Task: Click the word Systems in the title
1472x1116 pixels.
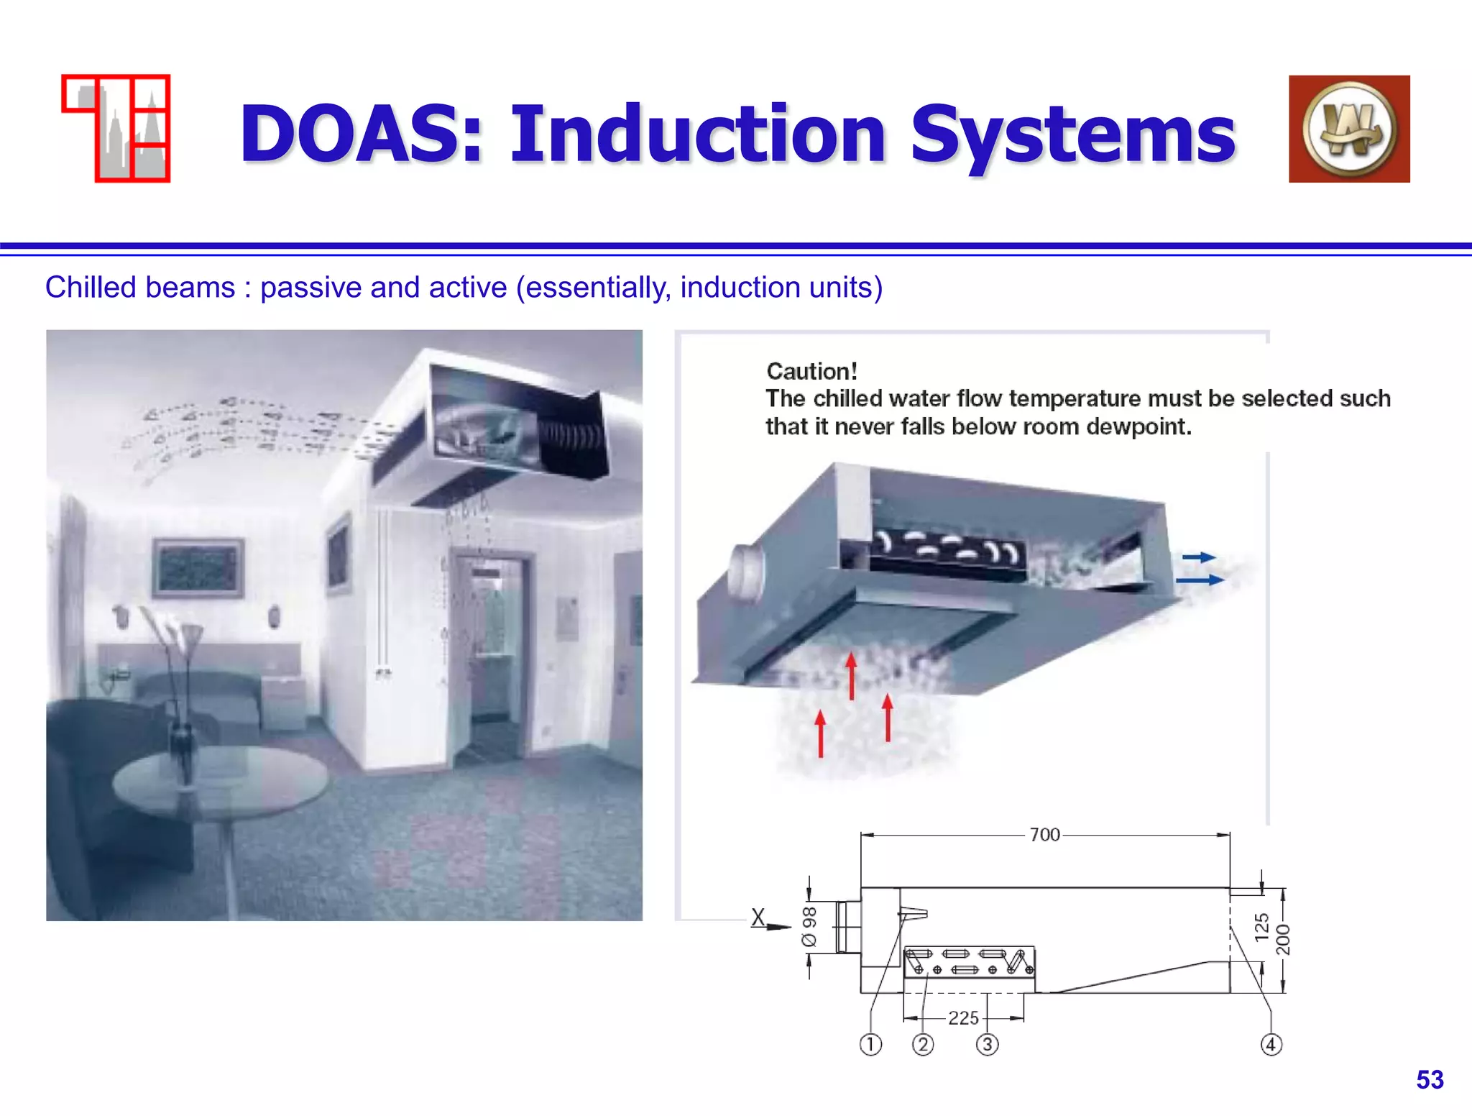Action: tap(1072, 134)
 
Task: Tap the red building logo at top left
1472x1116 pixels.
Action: tap(116, 129)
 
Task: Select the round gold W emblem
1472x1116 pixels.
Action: tap(1350, 129)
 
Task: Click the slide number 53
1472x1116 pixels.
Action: tap(1430, 1079)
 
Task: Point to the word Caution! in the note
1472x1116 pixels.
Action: tap(811, 371)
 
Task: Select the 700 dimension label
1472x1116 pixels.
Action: tap(1044, 834)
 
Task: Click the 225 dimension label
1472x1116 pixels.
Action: tap(963, 1017)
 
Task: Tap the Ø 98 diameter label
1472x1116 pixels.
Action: tap(810, 927)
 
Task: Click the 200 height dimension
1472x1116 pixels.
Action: tap(1283, 939)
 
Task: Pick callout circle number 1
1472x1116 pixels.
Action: tap(870, 1044)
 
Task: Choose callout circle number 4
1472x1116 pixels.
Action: tap(1271, 1044)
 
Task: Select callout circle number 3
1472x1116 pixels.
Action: tap(988, 1044)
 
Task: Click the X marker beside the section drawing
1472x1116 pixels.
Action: tap(758, 917)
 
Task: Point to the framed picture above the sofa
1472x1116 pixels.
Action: tap(198, 568)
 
